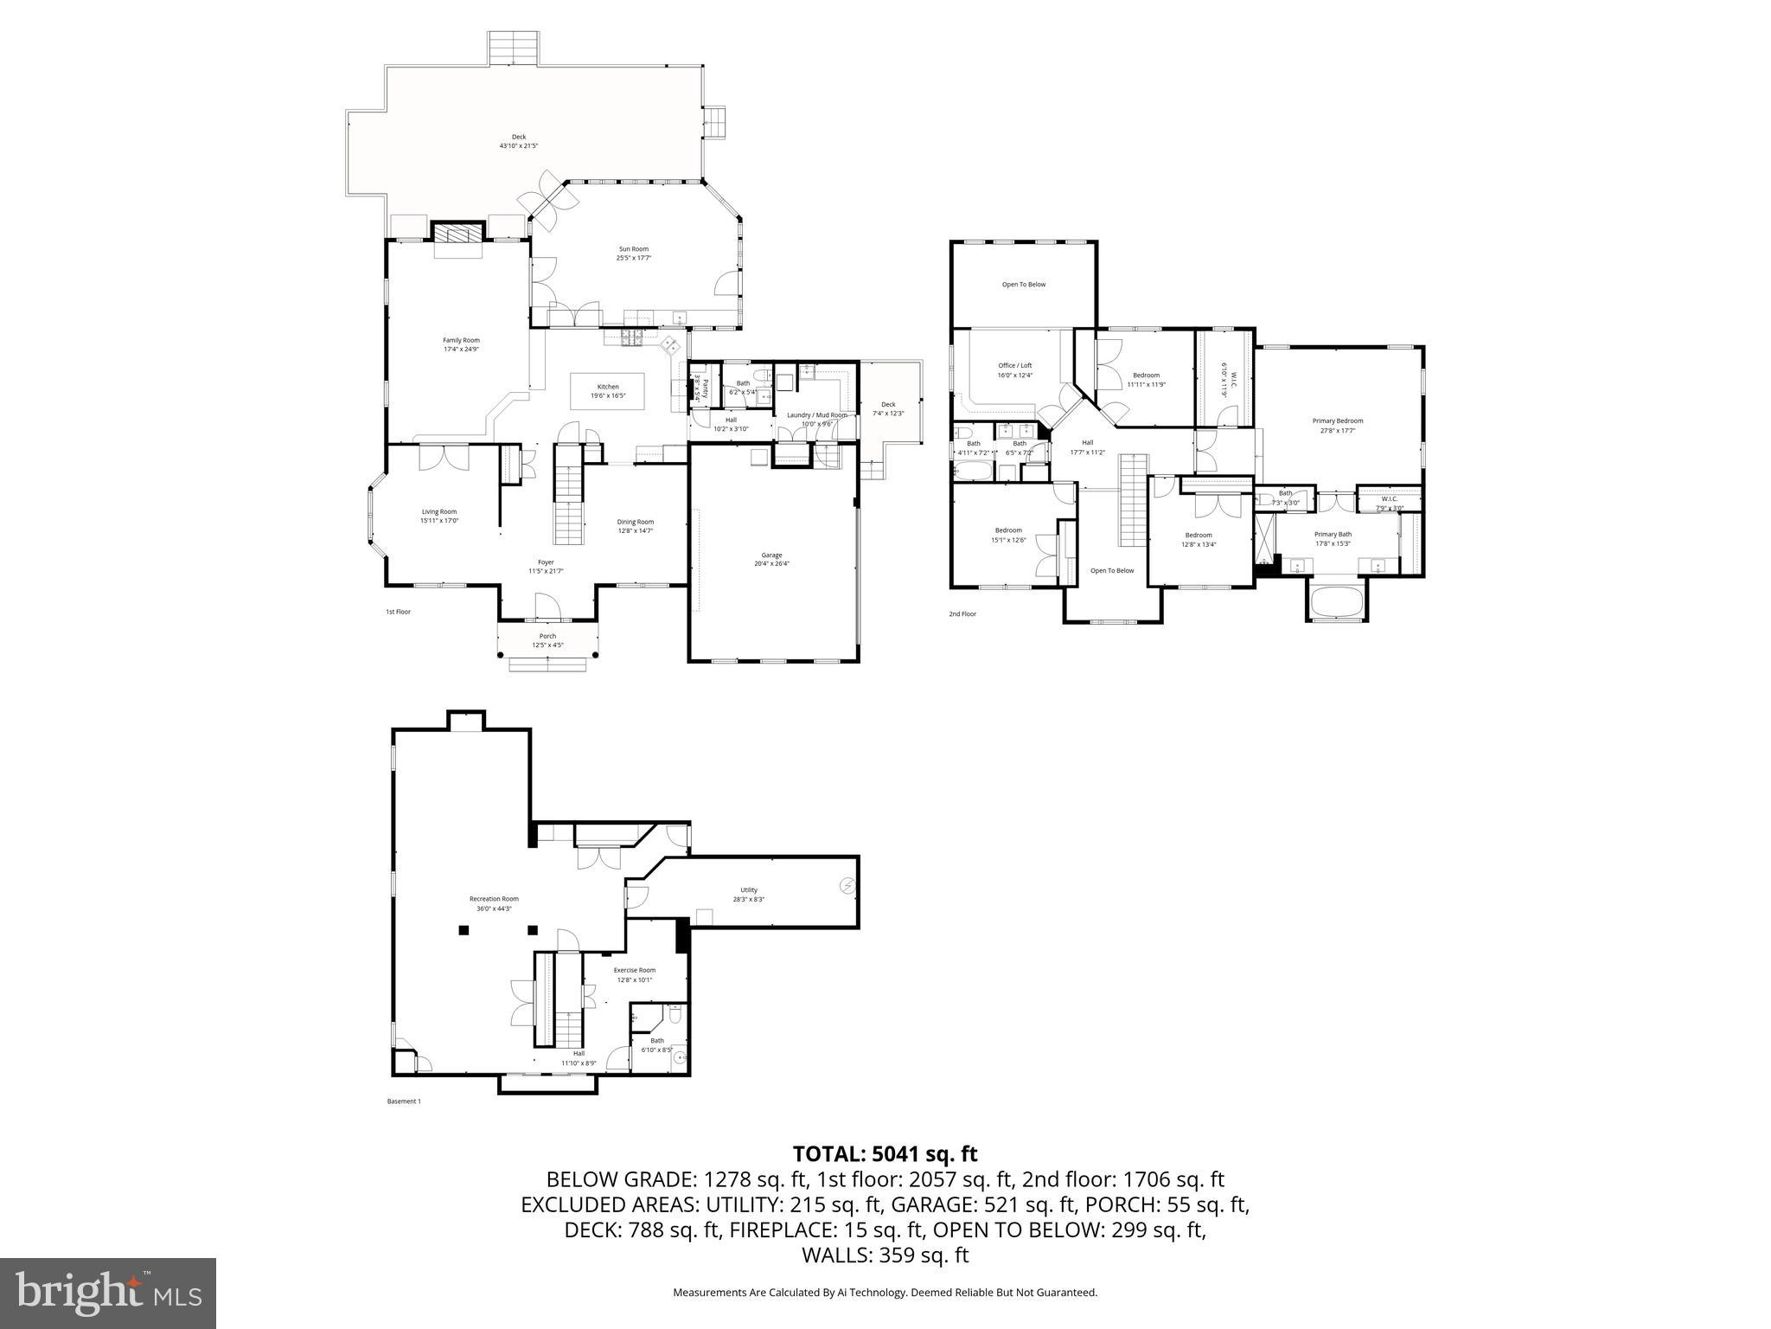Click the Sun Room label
point(633,253)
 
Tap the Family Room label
point(461,344)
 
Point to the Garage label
point(771,559)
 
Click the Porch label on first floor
point(547,640)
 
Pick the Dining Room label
point(635,526)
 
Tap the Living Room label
point(439,516)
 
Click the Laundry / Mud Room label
point(816,419)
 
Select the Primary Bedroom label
point(1337,425)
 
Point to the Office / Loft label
point(1015,369)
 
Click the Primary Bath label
point(1333,538)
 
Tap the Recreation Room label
point(494,903)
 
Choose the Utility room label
point(748,894)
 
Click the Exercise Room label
point(635,974)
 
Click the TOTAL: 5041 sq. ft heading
point(885,1153)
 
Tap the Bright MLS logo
point(108,1293)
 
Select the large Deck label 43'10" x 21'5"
point(519,141)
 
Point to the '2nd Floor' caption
point(962,614)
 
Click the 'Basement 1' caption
point(403,1101)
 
